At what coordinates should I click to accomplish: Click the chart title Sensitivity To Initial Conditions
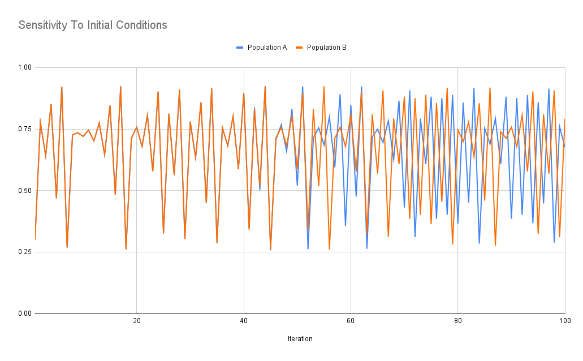[x=93, y=25]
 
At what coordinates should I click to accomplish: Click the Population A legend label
[x=267, y=48]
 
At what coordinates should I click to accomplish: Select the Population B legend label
[x=327, y=48]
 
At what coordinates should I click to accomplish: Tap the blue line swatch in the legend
[x=240, y=48]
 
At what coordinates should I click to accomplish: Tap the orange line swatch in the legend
[x=299, y=48]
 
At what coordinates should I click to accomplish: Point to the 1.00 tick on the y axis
[x=24, y=68]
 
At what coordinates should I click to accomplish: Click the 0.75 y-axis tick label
[x=24, y=129]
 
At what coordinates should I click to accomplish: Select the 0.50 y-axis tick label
[x=24, y=191]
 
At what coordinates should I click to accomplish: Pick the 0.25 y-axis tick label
[x=24, y=252]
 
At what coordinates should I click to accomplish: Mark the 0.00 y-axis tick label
[x=24, y=313]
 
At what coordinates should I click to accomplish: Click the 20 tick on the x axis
[x=136, y=321]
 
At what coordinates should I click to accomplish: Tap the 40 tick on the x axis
[x=244, y=321]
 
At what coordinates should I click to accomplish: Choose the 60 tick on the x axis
[x=351, y=321]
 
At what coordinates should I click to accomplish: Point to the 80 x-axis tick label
[x=458, y=321]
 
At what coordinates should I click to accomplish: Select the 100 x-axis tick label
[x=564, y=321]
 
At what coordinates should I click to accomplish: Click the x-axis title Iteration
[x=300, y=339]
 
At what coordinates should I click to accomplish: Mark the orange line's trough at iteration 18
[x=126, y=249]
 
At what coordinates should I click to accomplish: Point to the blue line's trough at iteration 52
[x=308, y=248]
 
